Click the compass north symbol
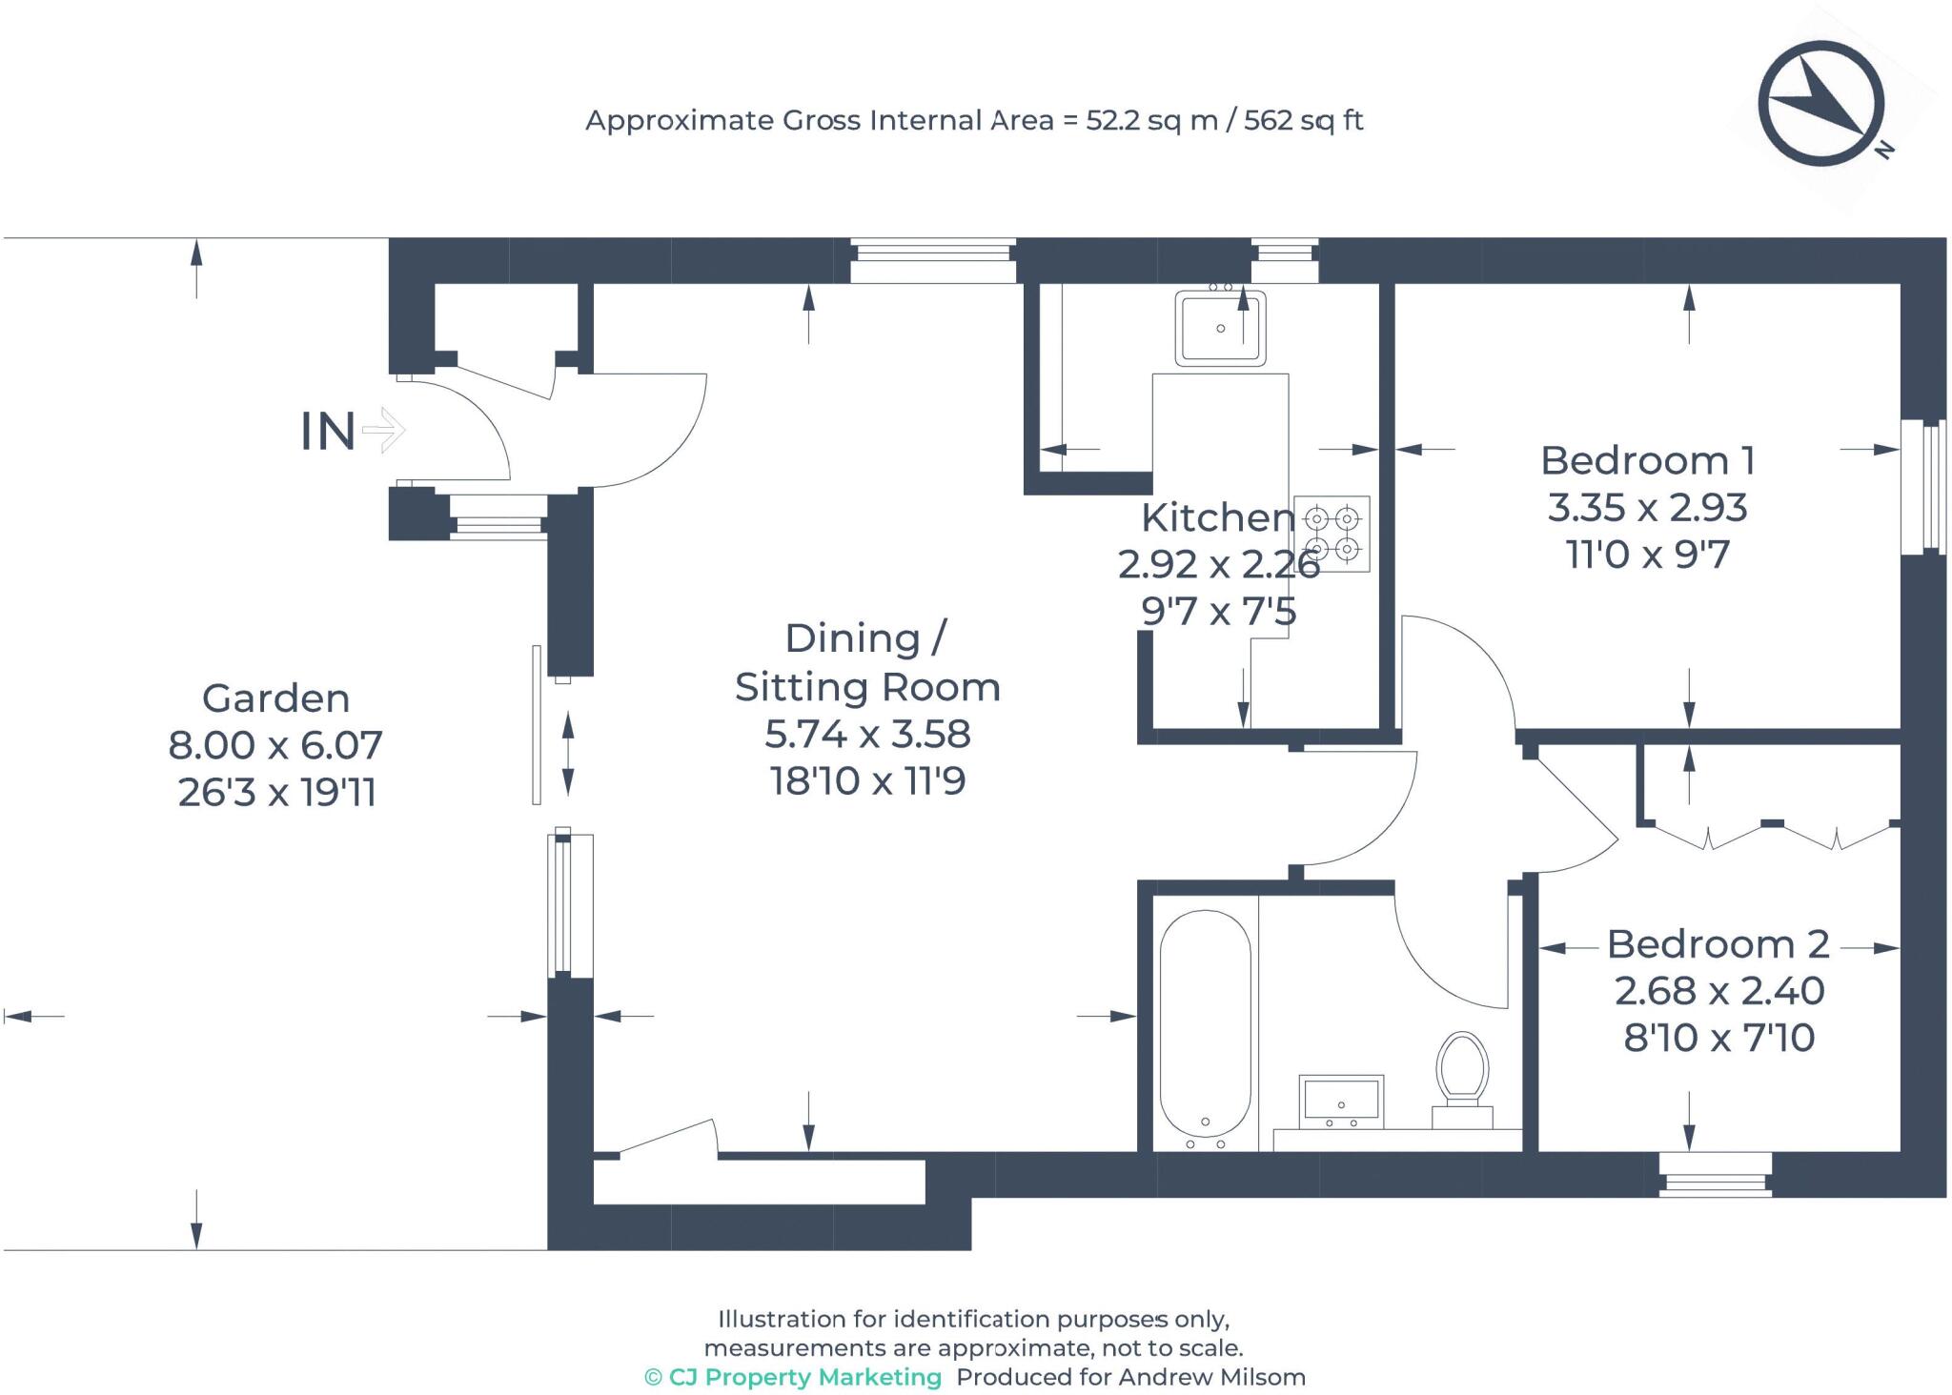click(1820, 103)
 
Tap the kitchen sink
click(1220, 328)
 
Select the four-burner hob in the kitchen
click(1332, 534)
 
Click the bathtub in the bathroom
click(1205, 1025)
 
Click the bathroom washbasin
click(1341, 1101)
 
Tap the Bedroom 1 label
click(1647, 461)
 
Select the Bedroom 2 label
click(1718, 944)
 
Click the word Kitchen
click(1217, 517)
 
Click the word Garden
click(275, 698)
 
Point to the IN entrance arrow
click(383, 430)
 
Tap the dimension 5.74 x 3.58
click(867, 734)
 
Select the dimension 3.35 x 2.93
click(1647, 508)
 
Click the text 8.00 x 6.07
click(275, 745)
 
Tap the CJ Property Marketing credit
click(794, 1377)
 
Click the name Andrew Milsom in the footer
click(1211, 1377)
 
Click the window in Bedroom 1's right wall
click(1923, 487)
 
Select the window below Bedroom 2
click(1715, 1175)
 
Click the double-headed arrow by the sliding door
click(568, 754)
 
